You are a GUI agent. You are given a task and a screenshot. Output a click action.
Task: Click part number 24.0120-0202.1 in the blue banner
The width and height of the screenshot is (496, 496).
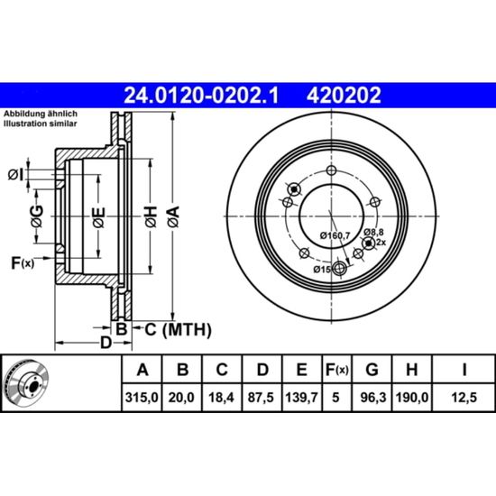click(x=201, y=96)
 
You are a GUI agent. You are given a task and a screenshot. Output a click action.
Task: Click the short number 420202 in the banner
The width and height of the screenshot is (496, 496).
click(x=344, y=96)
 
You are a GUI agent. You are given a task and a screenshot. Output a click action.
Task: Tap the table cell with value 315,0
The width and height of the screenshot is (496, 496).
click(x=142, y=398)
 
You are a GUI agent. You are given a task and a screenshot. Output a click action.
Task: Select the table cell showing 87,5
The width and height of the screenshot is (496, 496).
click(x=261, y=398)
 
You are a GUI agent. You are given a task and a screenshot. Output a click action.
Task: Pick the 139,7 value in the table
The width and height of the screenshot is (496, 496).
click(x=301, y=398)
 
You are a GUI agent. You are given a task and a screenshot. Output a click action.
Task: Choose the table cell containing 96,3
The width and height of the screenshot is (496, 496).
click(x=373, y=398)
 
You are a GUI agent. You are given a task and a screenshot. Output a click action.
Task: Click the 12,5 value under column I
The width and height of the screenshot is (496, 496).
click(x=464, y=398)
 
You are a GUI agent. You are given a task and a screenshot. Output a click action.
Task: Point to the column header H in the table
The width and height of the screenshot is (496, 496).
click(x=412, y=369)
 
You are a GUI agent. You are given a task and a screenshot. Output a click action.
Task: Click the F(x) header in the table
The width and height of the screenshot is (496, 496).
click(x=337, y=369)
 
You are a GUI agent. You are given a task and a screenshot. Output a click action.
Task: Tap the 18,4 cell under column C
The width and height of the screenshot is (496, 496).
click(x=221, y=398)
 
